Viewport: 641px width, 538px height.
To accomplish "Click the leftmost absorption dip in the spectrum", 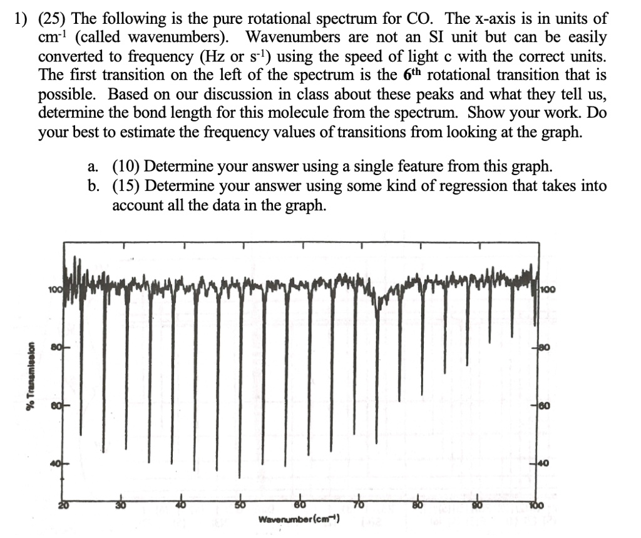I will pyautogui.click(x=80, y=432).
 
